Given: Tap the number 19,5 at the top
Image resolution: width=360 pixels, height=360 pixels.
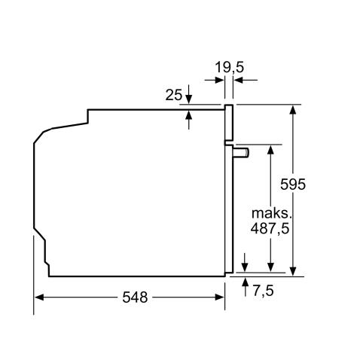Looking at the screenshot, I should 229,68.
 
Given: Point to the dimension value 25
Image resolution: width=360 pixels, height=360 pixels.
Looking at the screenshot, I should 172,95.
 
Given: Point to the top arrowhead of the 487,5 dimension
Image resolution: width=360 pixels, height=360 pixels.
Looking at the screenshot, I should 269,150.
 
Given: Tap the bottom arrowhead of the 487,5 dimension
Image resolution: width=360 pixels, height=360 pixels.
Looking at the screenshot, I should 269,269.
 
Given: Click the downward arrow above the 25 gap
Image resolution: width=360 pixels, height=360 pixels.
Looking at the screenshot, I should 188,99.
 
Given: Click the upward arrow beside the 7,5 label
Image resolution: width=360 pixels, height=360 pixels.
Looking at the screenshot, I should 246,283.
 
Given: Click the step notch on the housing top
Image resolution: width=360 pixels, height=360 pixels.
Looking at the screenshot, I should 89,114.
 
